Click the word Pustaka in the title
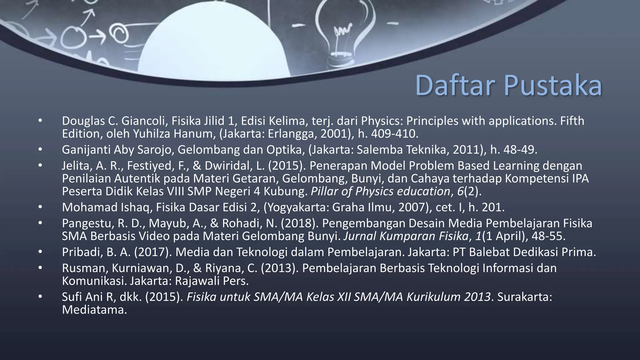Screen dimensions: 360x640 (x=553, y=85)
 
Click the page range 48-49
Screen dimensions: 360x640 (x=520, y=150)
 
